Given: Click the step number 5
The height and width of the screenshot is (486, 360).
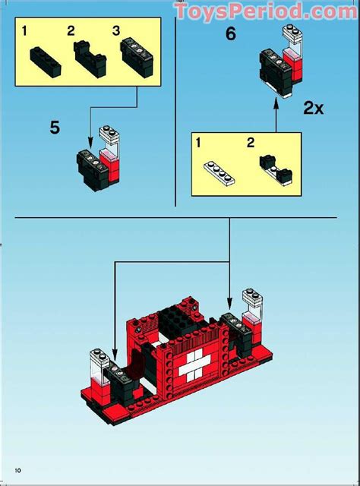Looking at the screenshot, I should pos(55,127).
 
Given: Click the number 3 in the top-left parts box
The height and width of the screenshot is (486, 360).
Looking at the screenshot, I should pos(116,30).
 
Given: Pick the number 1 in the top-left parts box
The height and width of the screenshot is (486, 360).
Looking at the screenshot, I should pos(25,30).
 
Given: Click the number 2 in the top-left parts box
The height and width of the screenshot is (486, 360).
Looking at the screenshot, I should pos(71,30).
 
